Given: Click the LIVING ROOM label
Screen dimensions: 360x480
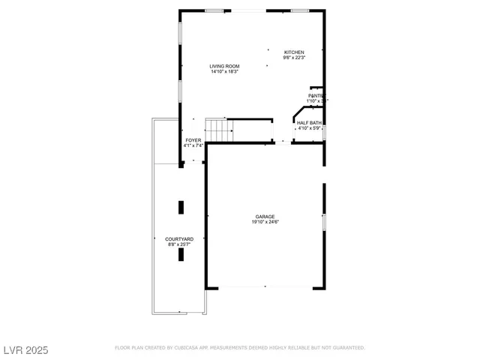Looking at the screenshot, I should click(x=224, y=67).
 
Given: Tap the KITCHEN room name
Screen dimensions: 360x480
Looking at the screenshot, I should click(x=294, y=52).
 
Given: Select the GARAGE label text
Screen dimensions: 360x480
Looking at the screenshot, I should click(x=264, y=217).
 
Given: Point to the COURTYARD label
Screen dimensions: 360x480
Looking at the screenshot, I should click(x=179, y=239).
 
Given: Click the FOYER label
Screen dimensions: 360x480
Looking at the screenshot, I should click(x=193, y=140).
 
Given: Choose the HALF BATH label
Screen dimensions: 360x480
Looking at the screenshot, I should click(x=309, y=122).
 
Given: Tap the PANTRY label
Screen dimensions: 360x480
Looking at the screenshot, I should click(x=315, y=96).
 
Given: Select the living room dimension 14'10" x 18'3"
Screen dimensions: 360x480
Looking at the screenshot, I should click(x=224, y=72).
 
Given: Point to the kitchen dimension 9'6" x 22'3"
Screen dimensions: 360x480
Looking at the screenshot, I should click(x=294, y=58).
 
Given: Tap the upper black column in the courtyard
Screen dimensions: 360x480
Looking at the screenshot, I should click(x=181, y=207).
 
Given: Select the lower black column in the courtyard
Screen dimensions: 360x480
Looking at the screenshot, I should click(x=181, y=254).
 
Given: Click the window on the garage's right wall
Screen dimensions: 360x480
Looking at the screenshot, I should click(x=324, y=223).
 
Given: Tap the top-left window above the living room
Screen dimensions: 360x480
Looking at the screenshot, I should click(x=214, y=10).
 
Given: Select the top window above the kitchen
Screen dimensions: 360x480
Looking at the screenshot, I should click(x=301, y=10).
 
